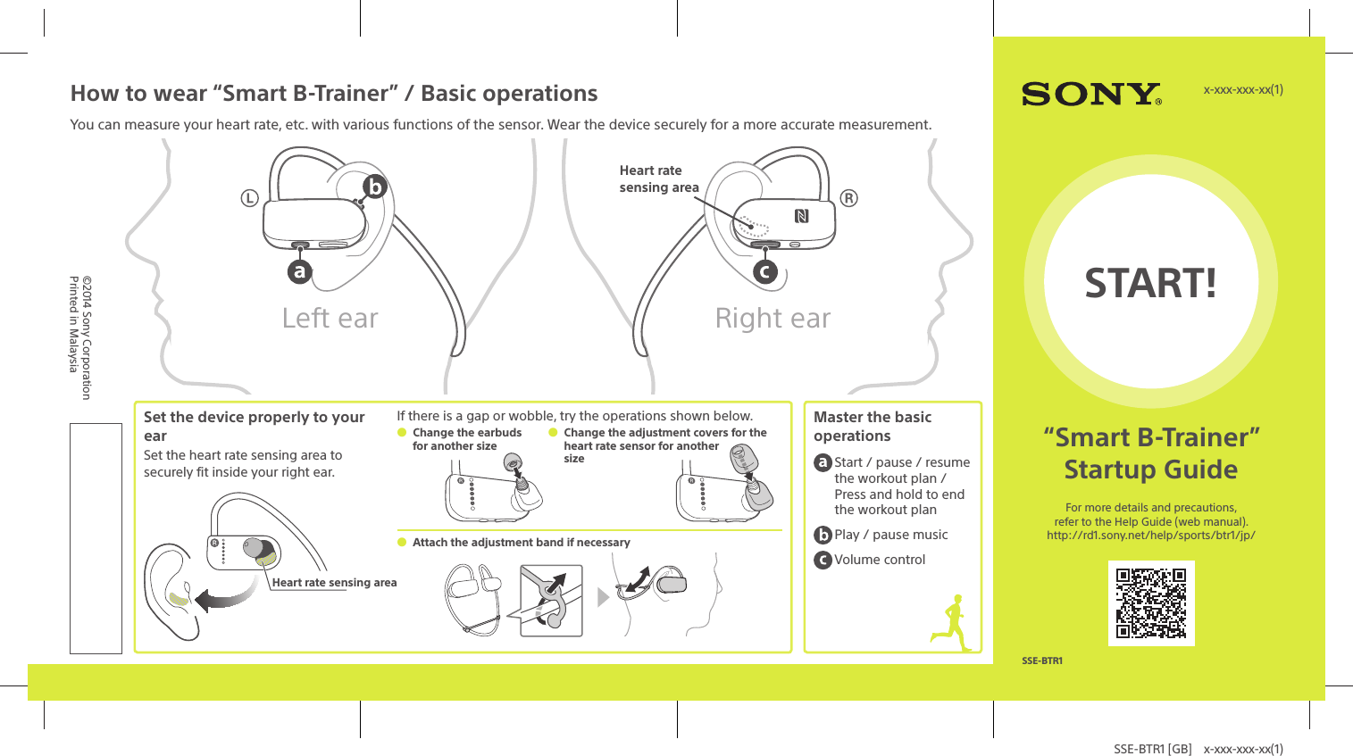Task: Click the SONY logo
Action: pos(1090,94)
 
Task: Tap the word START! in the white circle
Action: pos(1150,283)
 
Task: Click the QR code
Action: pos(1151,603)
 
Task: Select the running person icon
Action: pos(953,623)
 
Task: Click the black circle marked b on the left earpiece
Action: pos(374,187)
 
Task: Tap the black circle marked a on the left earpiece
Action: pos(300,271)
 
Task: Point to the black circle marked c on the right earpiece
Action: pos(764,271)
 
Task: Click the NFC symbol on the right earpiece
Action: pos(801,216)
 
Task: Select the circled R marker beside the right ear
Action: pos(848,198)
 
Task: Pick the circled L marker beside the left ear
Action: pos(249,198)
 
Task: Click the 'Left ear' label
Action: pos(330,319)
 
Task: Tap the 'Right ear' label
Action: pos(773,319)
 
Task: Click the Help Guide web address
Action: pos(1150,536)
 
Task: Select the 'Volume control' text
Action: pos(880,560)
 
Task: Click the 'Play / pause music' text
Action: pos(890,535)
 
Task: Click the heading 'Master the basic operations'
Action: pos(872,427)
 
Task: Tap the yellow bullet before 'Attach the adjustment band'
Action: pos(402,542)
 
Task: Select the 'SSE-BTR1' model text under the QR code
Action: pos(1041,661)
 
